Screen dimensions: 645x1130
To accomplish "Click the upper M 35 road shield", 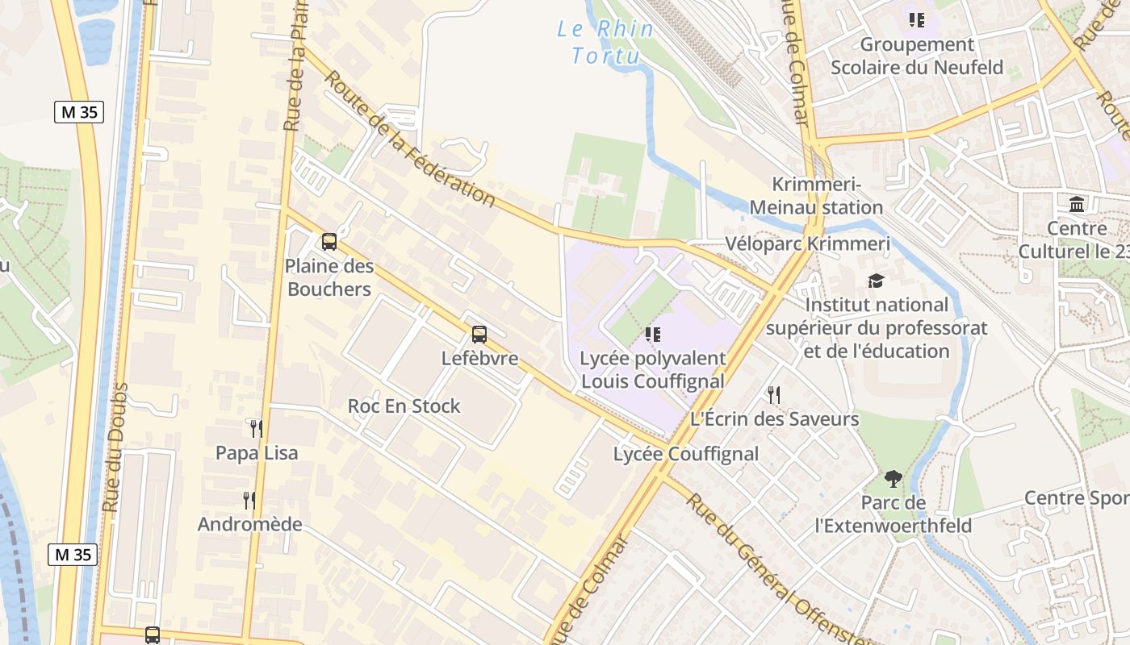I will pyautogui.click(x=79, y=112).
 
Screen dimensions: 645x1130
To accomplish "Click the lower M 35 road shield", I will pyautogui.click(x=72, y=555).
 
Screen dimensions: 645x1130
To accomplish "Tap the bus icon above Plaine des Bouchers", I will pyautogui.click(x=329, y=241).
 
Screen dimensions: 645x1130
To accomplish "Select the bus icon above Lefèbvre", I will pyautogui.click(x=479, y=334).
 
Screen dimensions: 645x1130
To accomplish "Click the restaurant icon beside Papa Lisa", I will pyautogui.click(x=256, y=428).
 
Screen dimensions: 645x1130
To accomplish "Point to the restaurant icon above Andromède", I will pyautogui.click(x=249, y=501).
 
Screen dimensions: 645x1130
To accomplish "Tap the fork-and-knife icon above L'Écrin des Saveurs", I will pyautogui.click(x=773, y=394).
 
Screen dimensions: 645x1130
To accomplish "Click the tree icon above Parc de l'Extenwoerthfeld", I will pyautogui.click(x=893, y=479).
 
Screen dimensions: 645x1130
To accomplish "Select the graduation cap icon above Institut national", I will pyautogui.click(x=876, y=281).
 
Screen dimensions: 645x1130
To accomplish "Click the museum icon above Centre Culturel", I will pyautogui.click(x=1076, y=205).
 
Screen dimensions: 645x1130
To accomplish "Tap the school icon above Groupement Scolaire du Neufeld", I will pyautogui.click(x=916, y=19).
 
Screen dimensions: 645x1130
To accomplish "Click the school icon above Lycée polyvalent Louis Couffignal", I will pyautogui.click(x=653, y=334).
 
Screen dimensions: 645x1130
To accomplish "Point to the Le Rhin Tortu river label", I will pyautogui.click(x=605, y=42).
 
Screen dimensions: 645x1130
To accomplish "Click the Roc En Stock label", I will pyautogui.click(x=404, y=406).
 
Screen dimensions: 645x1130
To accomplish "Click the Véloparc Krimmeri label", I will pyautogui.click(x=807, y=244).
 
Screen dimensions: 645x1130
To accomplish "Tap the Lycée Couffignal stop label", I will pyautogui.click(x=686, y=454).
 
